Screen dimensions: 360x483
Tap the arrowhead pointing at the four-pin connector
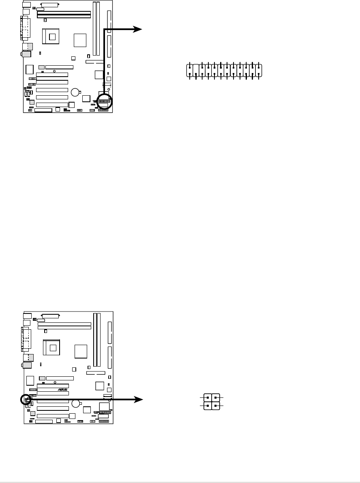click(x=139, y=399)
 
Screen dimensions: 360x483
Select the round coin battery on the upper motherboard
click(x=75, y=92)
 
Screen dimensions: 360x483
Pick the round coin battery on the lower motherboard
click(x=75, y=404)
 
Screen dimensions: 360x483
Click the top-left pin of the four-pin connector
click(x=208, y=398)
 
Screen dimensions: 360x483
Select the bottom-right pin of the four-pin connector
click(x=215, y=405)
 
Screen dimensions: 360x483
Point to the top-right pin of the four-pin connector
click(x=215, y=398)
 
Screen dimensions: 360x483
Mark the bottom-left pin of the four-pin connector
click(x=208, y=405)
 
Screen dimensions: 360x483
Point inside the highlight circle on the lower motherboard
click(x=26, y=399)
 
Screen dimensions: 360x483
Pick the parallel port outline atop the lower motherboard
click(x=50, y=316)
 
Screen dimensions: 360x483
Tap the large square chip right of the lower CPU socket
click(x=81, y=351)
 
